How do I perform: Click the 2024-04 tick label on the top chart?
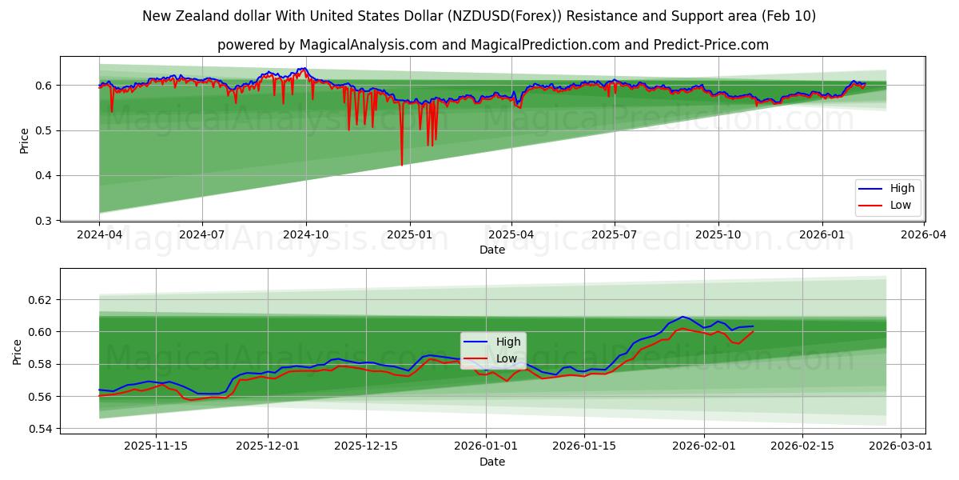point(99,236)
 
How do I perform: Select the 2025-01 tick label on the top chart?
point(409,236)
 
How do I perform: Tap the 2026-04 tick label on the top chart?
point(924,236)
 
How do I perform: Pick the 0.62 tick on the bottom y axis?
point(41,300)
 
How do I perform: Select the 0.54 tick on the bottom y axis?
point(41,429)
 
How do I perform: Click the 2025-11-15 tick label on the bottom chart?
point(156,446)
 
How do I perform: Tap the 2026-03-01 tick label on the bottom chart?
point(901,446)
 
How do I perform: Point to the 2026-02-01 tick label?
point(704,446)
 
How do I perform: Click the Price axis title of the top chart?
point(24,141)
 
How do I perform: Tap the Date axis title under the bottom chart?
point(492,462)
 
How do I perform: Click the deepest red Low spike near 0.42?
point(401,165)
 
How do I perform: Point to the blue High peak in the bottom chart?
point(682,317)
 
